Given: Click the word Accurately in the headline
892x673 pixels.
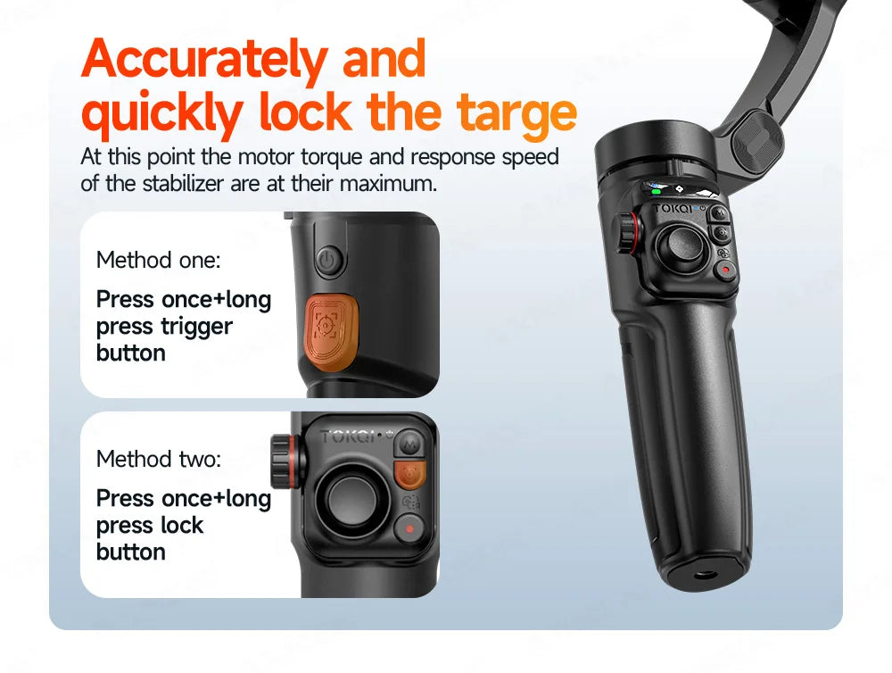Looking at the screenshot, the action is (x=204, y=59).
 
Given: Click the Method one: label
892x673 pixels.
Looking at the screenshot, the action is (x=158, y=261).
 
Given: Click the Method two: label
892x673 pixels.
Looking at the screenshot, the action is (x=159, y=459).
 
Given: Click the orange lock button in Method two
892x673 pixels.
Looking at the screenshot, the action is (x=409, y=475).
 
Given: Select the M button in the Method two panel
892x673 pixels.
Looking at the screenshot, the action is (x=409, y=443).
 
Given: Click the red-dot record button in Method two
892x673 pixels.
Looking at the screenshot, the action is (x=409, y=528).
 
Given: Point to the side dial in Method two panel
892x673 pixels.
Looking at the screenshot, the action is (x=284, y=461).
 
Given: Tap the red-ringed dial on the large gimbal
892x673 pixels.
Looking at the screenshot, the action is (x=629, y=232).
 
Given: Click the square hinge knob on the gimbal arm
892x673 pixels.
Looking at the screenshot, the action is (x=757, y=141).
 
